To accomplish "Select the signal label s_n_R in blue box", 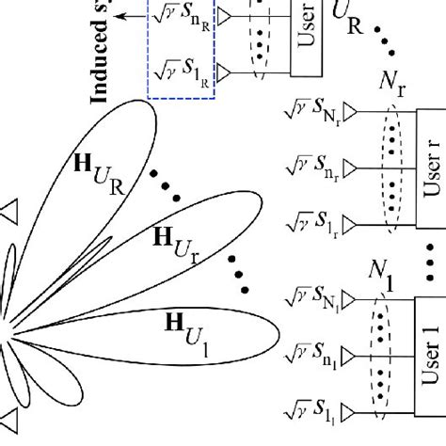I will (x=179, y=14).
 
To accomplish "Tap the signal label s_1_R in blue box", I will (x=179, y=69).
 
